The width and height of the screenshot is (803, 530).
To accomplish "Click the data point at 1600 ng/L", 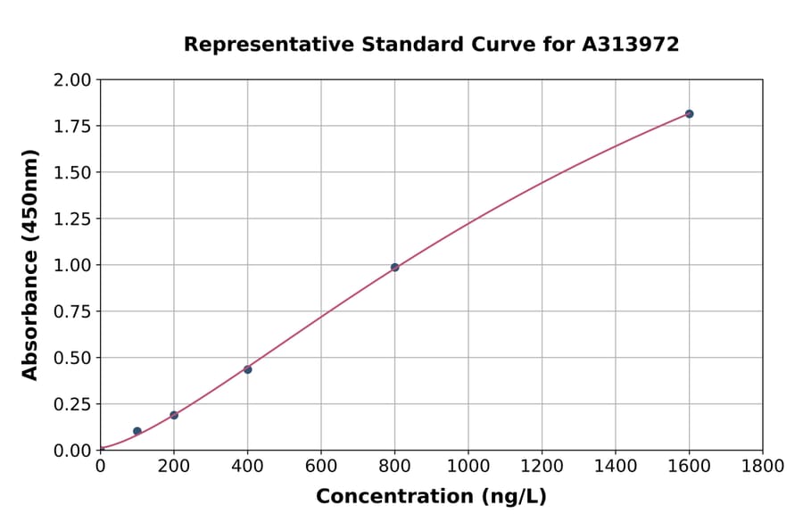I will pos(689,114).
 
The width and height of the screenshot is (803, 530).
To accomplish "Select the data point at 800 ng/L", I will pos(394,268).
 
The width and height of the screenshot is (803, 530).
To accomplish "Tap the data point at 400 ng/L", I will pos(247,369).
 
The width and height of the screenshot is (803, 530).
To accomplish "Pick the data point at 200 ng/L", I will pos(174,415).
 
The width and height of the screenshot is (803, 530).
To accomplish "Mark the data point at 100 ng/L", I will pos(137,431).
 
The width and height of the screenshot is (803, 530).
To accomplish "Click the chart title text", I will pos(431,45).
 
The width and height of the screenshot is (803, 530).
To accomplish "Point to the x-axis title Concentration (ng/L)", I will pos(431,497).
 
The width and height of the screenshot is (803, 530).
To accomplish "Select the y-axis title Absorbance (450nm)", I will pos(30,265).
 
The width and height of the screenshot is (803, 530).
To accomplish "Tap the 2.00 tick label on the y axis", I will pos(73,80).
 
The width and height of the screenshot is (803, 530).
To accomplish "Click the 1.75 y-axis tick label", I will pos(73,127).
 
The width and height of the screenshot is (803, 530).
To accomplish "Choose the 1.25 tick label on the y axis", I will pos(73,219).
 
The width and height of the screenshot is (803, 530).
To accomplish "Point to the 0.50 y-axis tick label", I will pos(73,358).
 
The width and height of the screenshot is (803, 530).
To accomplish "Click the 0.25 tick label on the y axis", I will pos(73,404).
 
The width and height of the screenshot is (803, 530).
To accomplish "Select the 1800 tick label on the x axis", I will pos(762,466).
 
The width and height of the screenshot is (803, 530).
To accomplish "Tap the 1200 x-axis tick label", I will pos(542,466).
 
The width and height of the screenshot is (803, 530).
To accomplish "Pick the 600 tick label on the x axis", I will pos(321,466).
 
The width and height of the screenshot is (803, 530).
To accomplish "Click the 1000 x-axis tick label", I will pos(468,466).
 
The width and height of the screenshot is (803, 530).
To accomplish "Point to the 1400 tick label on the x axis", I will pos(615,466).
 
